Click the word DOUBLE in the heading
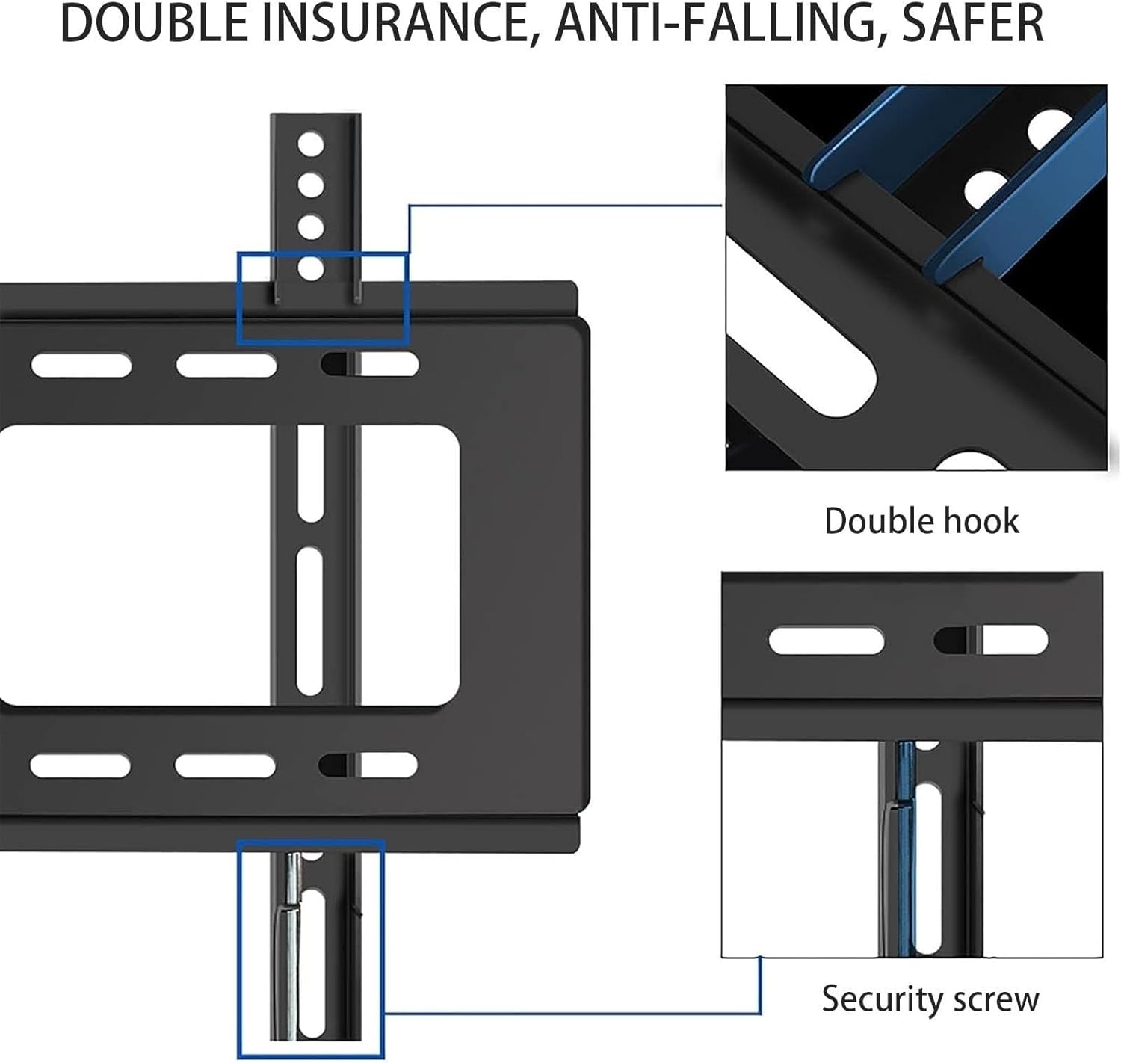pyautogui.click(x=153, y=24)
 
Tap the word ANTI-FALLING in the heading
pyautogui.click(x=713, y=24)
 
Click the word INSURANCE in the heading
pyautogui.click(x=397, y=24)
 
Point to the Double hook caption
pyautogui.click(x=921, y=521)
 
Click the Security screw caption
pyautogui.click(x=930, y=999)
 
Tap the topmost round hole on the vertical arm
pyautogui.click(x=310, y=144)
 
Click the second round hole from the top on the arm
pyautogui.click(x=310, y=185)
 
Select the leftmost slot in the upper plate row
pyautogui.click(x=81, y=366)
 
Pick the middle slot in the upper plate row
pyautogui.click(x=226, y=366)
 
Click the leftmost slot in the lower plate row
pyautogui.click(x=80, y=765)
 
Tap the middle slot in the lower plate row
pyautogui.click(x=225, y=765)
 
